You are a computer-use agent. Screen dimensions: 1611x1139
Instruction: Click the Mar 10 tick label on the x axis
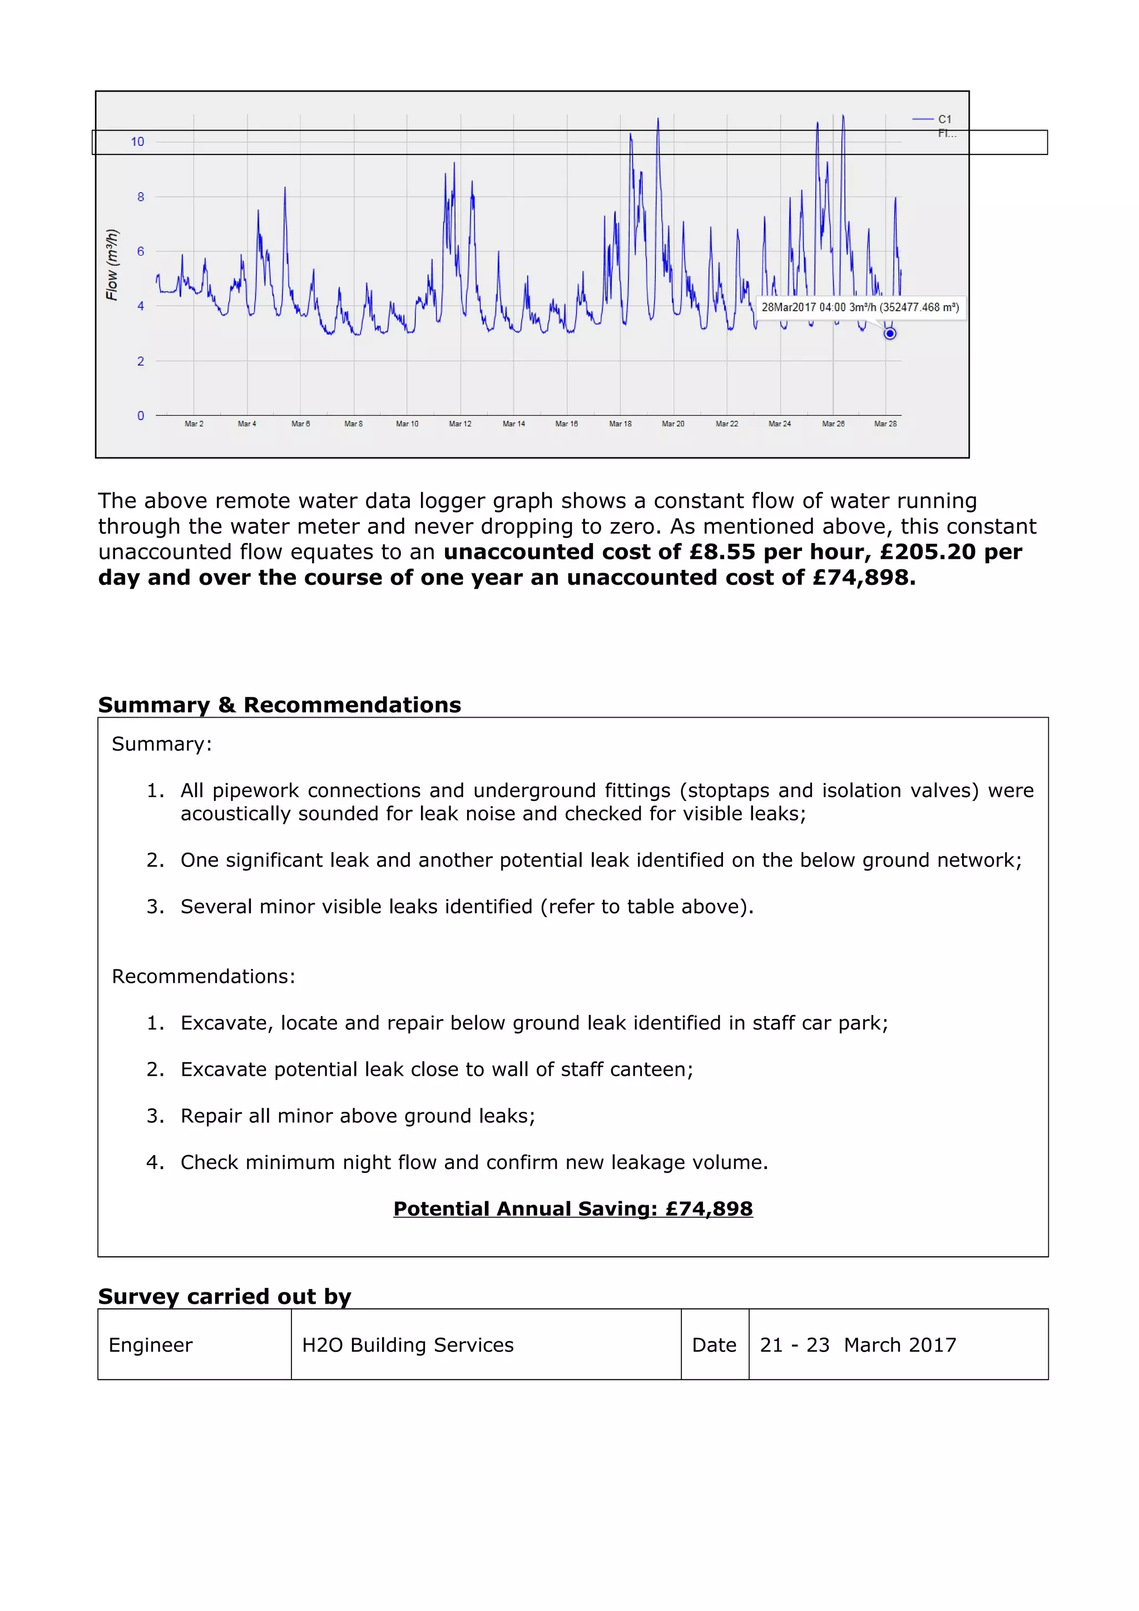(x=407, y=424)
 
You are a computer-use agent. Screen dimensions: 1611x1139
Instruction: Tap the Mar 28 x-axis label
(x=885, y=424)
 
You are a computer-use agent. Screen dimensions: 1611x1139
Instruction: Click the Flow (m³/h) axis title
(x=112, y=265)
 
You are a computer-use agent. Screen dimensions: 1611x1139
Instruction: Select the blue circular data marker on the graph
(x=889, y=334)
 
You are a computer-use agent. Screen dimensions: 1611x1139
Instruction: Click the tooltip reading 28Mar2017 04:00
(x=860, y=307)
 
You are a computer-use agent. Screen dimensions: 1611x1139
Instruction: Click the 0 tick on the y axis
(x=140, y=416)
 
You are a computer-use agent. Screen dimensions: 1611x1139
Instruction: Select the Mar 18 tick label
(x=620, y=424)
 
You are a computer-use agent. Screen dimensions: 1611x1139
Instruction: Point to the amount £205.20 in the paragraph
(x=927, y=552)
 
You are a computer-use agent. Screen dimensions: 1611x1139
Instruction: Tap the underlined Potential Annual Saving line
(x=573, y=1209)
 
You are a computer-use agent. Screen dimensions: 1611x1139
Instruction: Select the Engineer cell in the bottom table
(x=151, y=1345)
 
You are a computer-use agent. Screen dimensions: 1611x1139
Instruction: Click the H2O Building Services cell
(x=408, y=1345)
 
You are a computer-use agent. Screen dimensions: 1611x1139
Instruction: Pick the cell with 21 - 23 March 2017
(x=858, y=1345)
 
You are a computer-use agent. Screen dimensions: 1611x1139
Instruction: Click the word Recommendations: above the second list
(x=204, y=976)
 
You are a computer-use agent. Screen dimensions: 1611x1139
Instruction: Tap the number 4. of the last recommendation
(x=155, y=1162)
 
